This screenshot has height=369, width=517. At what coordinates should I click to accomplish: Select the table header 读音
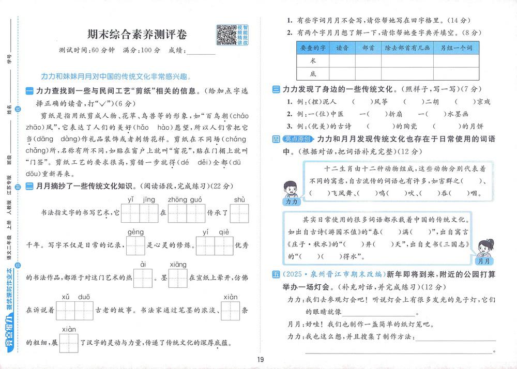point(342,48)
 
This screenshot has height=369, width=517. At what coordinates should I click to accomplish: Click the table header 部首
point(369,48)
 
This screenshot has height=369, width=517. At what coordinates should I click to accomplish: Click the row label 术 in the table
point(312,60)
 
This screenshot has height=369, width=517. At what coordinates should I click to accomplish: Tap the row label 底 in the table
point(312,73)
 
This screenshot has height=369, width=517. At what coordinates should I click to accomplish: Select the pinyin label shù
point(239,199)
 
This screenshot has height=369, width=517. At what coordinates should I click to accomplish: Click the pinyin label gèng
point(135,231)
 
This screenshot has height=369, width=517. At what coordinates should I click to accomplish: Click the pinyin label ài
point(143,264)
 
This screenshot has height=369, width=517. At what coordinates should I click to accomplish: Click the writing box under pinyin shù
point(239,212)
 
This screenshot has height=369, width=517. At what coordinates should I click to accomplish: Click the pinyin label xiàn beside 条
point(231,297)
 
